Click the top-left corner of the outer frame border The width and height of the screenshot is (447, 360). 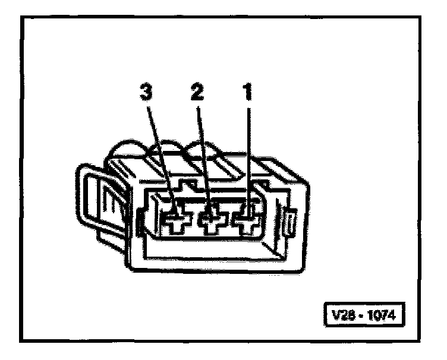22,18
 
